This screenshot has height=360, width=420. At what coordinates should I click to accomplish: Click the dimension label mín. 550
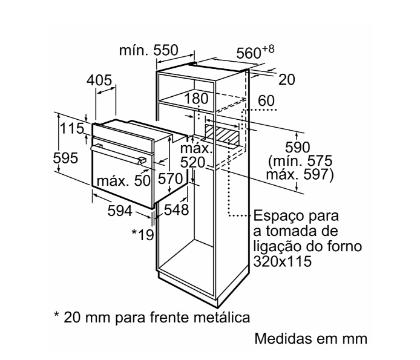pyautogui.click(x=148, y=51)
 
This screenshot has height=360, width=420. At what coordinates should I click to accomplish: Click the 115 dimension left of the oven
pyautogui.click(x=71, y=129)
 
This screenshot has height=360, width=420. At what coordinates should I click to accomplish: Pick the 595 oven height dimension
pyautogui.click(x=66, y=159)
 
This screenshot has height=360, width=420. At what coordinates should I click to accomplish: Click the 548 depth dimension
pyautogui.click(x=176, y=210)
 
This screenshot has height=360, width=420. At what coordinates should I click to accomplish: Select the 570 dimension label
pyautogui.click(x=171, y=179)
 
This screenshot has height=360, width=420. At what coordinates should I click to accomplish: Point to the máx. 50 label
pyautogui.click(x=123, y=180)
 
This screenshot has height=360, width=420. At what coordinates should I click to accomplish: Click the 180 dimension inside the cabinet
pyautogui.click(x=196, y=99)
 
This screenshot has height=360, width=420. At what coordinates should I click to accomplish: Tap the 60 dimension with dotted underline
pyautogui.click(x=266, y=100)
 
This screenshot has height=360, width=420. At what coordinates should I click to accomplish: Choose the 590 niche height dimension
pyautogui.click(x=297, y=147)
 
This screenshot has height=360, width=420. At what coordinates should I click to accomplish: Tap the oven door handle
pyautogui.click(x=119, y=153)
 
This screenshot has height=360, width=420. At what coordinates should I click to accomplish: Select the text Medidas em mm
pyautogui.click(x=311, y=338)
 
